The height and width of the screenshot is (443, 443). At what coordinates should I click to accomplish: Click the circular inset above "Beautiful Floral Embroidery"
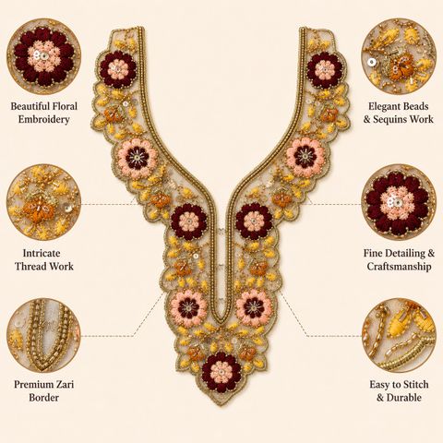pyautogui.click(x=44, y=56)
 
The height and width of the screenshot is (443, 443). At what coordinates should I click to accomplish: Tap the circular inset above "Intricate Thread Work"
pyautogui.click(x=44, y=202)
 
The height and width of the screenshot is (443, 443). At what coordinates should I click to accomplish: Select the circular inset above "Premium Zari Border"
pyautogui.click(x=44, y=336)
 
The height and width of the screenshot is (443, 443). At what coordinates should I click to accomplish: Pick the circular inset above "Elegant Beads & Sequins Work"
pyautogui.click(x=399, y=56)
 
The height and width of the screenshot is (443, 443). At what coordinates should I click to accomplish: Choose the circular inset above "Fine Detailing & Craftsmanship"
pyautogui.click(x=399, y=202)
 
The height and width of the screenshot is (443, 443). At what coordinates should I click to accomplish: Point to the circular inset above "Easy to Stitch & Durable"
pyautogui.click(x=399, y=336)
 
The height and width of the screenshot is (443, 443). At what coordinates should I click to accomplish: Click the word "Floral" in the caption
pyautogui.click(x=65, y=106)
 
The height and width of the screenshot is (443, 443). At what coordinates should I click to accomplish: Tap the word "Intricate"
pyautogui.click(x=42, y=253)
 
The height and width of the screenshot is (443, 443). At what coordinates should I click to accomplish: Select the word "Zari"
pyautogui.click(x=65, y=385)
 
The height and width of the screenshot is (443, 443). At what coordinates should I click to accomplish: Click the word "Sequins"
pyautogui.click(x=392, y=119)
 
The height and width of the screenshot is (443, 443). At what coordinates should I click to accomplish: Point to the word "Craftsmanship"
pyautogui.click(x=399, y=267)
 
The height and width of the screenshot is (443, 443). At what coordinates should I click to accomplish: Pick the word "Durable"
pyautogui.click(x=403, y=398)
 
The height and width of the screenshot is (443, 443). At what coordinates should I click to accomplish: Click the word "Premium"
pyautogui.click(x=33, y=385)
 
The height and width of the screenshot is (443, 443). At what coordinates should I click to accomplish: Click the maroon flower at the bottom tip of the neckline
pyautogui.click(x=221, y=372)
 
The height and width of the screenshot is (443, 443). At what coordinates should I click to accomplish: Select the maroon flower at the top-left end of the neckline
pyautogui.click(x=118, y=69)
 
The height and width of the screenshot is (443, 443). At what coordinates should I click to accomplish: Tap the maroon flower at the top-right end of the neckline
pyautogui.click(x=325, y=70)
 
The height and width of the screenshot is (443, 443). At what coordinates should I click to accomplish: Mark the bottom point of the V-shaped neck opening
pyautogui.click(x=221, y=321)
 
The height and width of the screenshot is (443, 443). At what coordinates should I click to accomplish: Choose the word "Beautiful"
pyautogui.click(x=30, y=106)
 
